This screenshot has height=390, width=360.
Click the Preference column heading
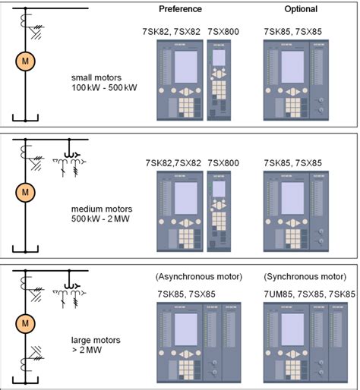(x=180, y=9)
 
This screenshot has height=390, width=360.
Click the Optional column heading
(x=302, y=9)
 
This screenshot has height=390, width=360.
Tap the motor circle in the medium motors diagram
(x=25, y=190)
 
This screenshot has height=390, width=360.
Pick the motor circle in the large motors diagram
(x=25, y=324)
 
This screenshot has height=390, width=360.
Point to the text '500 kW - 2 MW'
(x=103, y=220)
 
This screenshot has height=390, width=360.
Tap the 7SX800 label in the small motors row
(x=223, y=32)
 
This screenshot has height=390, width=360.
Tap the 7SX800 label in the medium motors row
(x=223, y=162)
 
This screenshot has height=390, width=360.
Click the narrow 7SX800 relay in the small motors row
(x=219, y=80)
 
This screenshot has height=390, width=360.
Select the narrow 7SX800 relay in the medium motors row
(x=219, y=211)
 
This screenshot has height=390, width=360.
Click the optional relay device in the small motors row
(x=297, y=80)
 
